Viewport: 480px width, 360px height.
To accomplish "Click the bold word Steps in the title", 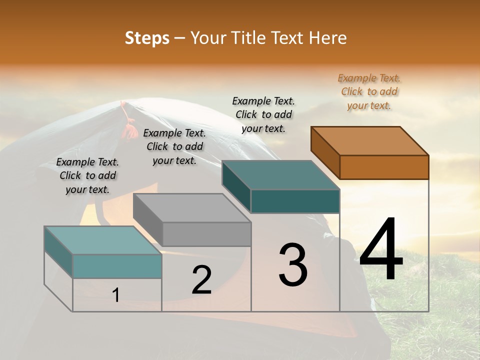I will (x=147, y=38).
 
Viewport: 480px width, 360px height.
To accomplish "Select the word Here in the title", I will (x=328, y=38).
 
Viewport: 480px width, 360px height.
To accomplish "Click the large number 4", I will (x=381, y=250).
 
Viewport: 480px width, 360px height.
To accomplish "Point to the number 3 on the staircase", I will (x=293, y=265).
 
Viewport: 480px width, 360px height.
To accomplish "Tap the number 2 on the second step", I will (x=201, y=280).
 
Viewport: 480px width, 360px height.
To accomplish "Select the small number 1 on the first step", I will (x=116, y=295).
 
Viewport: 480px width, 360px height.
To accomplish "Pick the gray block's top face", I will (x=192, y=207).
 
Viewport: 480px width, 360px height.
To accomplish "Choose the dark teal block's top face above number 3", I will (x=281, y=175).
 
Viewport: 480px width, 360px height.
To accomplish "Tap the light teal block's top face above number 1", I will (x=103, y=240).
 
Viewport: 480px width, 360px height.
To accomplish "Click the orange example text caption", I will (x=369, y=91).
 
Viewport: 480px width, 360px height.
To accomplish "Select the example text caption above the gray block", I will (x=174, y=146).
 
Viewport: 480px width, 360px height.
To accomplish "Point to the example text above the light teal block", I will (x=87, y=175).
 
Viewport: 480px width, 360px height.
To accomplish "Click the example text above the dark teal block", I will (x=263, y=114).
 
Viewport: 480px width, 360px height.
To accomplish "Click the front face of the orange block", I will (x=384, y=167).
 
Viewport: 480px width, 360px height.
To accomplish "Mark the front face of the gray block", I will (x=207, y=234).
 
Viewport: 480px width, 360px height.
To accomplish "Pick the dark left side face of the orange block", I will (x=325, y=152).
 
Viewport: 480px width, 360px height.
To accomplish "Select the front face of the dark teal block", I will (x=295, y=201).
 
